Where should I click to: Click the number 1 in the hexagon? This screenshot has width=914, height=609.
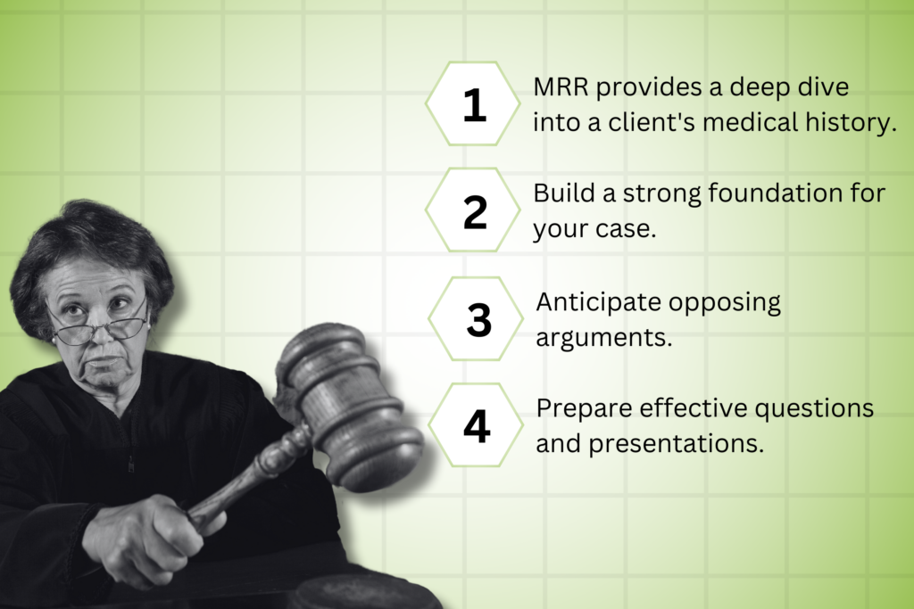coord(475,105)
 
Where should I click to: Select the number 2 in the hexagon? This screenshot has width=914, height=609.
coord(475,212)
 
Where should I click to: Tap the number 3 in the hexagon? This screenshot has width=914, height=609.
coord(478,320)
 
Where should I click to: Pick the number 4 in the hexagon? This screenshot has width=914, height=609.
coord(477,426)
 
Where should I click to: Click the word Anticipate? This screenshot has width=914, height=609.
coord(598,303)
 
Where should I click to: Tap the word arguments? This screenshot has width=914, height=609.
coord(604,338)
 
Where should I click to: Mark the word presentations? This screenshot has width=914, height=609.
coord(677,444)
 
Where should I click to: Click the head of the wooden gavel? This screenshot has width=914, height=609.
coord(351,403)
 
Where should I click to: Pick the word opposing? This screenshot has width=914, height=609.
coord(724,303)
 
